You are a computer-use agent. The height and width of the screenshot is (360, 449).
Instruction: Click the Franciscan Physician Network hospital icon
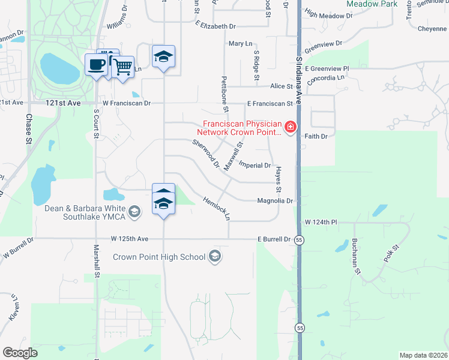(x=290, y=127)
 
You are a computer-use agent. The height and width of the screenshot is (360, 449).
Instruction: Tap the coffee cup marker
(x=96, y=65)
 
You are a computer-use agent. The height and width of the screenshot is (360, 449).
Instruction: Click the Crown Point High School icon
(x=214, y=257)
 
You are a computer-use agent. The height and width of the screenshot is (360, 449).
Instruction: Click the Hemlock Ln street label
(x=217, y=208)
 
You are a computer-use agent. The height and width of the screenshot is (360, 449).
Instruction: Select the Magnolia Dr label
(x=275, y=201)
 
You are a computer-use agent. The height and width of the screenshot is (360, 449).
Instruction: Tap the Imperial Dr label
(x=255, y=165)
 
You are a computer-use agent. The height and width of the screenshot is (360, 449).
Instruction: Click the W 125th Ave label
(x=129, y=239)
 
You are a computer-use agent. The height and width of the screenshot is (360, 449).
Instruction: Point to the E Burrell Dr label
(x=274, y=239)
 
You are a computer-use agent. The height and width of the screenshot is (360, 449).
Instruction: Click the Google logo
(x=20, y=352)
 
